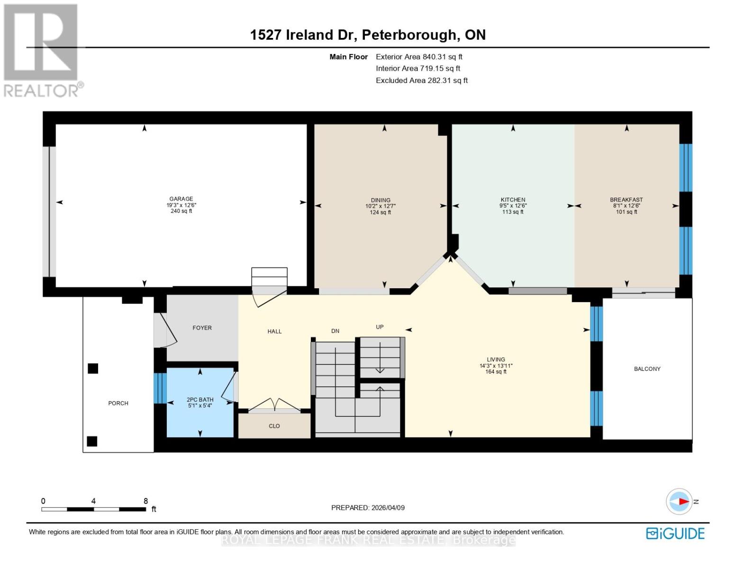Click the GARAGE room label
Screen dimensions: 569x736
tap(181, 199)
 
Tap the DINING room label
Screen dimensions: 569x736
tap(381, 200)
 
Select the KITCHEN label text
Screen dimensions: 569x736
tap(513, 200)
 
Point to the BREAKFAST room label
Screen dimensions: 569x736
tap(626, 200)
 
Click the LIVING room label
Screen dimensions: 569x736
tap(496, 359)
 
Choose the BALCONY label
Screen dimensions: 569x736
tap(647, 369)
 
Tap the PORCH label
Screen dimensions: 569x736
tap(118, 403)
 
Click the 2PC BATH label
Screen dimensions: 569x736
tap(200, 400)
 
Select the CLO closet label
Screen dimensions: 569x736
tap(274, 426)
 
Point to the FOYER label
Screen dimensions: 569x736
tap(202, 328)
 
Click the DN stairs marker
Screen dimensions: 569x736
tap(335, 331)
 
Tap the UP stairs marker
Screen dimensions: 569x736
tap(380, 327)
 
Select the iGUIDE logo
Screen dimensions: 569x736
tap(675, 533)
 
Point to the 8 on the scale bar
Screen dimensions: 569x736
tap(145, 501)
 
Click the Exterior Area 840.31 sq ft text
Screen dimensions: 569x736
tap(419, 56)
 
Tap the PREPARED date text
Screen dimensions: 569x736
tap(368, 507)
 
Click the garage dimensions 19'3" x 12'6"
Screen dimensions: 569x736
tap(181, 205)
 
